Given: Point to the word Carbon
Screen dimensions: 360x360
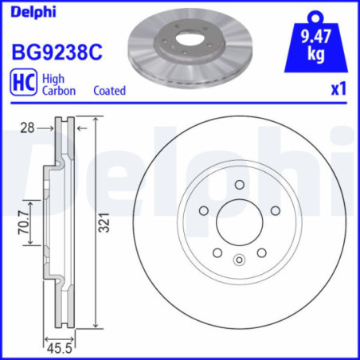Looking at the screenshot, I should tap(60, 91).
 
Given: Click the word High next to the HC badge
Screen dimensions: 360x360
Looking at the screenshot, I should tap(54, 79).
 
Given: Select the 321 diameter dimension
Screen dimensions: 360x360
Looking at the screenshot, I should tap(103, 226).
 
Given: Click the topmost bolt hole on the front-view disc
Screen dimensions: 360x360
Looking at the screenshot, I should tap(239, 186).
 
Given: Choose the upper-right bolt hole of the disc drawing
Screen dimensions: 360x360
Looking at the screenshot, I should tap(275, 211).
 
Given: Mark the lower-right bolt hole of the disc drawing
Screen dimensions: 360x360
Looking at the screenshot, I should tap(261, 252).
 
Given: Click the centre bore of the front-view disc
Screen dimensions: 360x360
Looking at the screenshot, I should tap(239, 222).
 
